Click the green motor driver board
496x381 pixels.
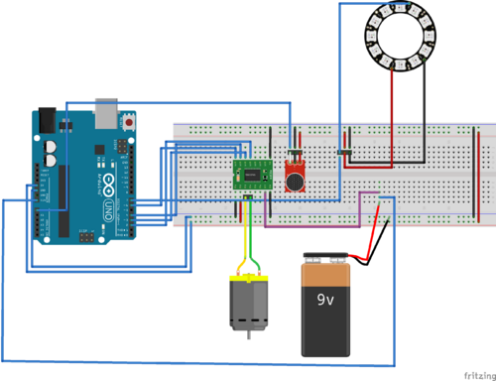point(252,174)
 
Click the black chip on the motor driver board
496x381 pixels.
point(253,175)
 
